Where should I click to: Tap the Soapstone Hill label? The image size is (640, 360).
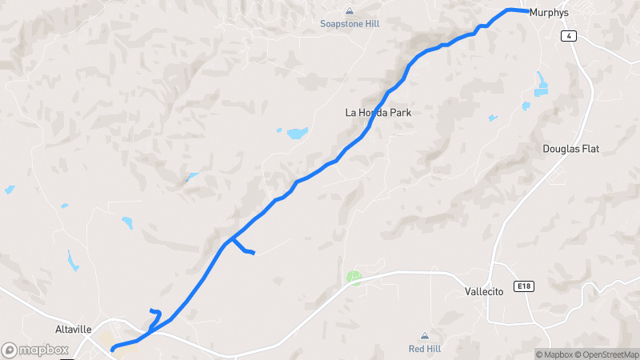[x=350, y=24]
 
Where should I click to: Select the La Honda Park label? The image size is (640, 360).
[x=378, y=113]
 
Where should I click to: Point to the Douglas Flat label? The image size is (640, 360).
[x=570, y=149]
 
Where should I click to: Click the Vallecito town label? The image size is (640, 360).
[x=484, y=292]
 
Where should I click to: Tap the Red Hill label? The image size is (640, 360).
[x=424, y=349]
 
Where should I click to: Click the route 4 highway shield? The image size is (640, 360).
[x=569, y=37]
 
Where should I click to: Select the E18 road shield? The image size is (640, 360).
[x=525, y=286]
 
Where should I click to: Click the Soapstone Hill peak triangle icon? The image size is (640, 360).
[x=350, y=11]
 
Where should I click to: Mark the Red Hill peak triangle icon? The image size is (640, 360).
[x=424, y=336]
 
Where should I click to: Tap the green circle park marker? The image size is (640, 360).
[x=354, y=278]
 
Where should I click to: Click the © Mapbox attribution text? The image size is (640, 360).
[x=554, y=354]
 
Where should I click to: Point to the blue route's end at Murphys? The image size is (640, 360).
[x=528, y=11]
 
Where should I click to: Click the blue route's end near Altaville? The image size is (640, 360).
[x=113, y=349]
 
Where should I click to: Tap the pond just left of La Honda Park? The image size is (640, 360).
[x=297, y=133]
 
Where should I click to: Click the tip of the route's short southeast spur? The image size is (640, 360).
[x=253, y=254]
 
